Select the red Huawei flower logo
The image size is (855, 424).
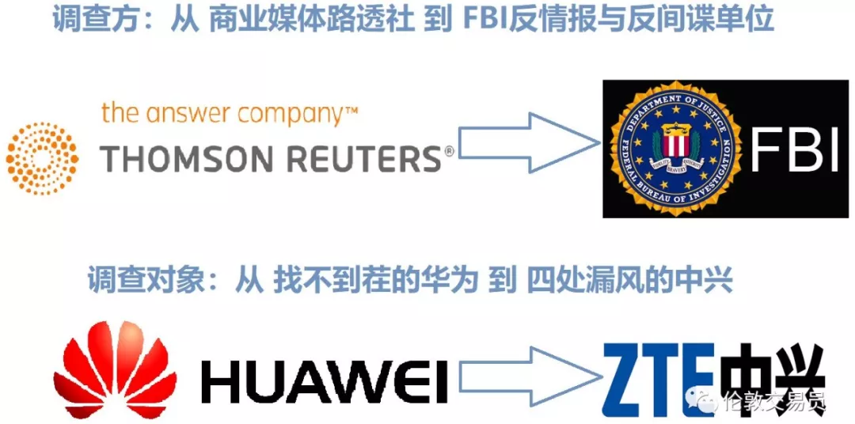click(107, 369)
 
